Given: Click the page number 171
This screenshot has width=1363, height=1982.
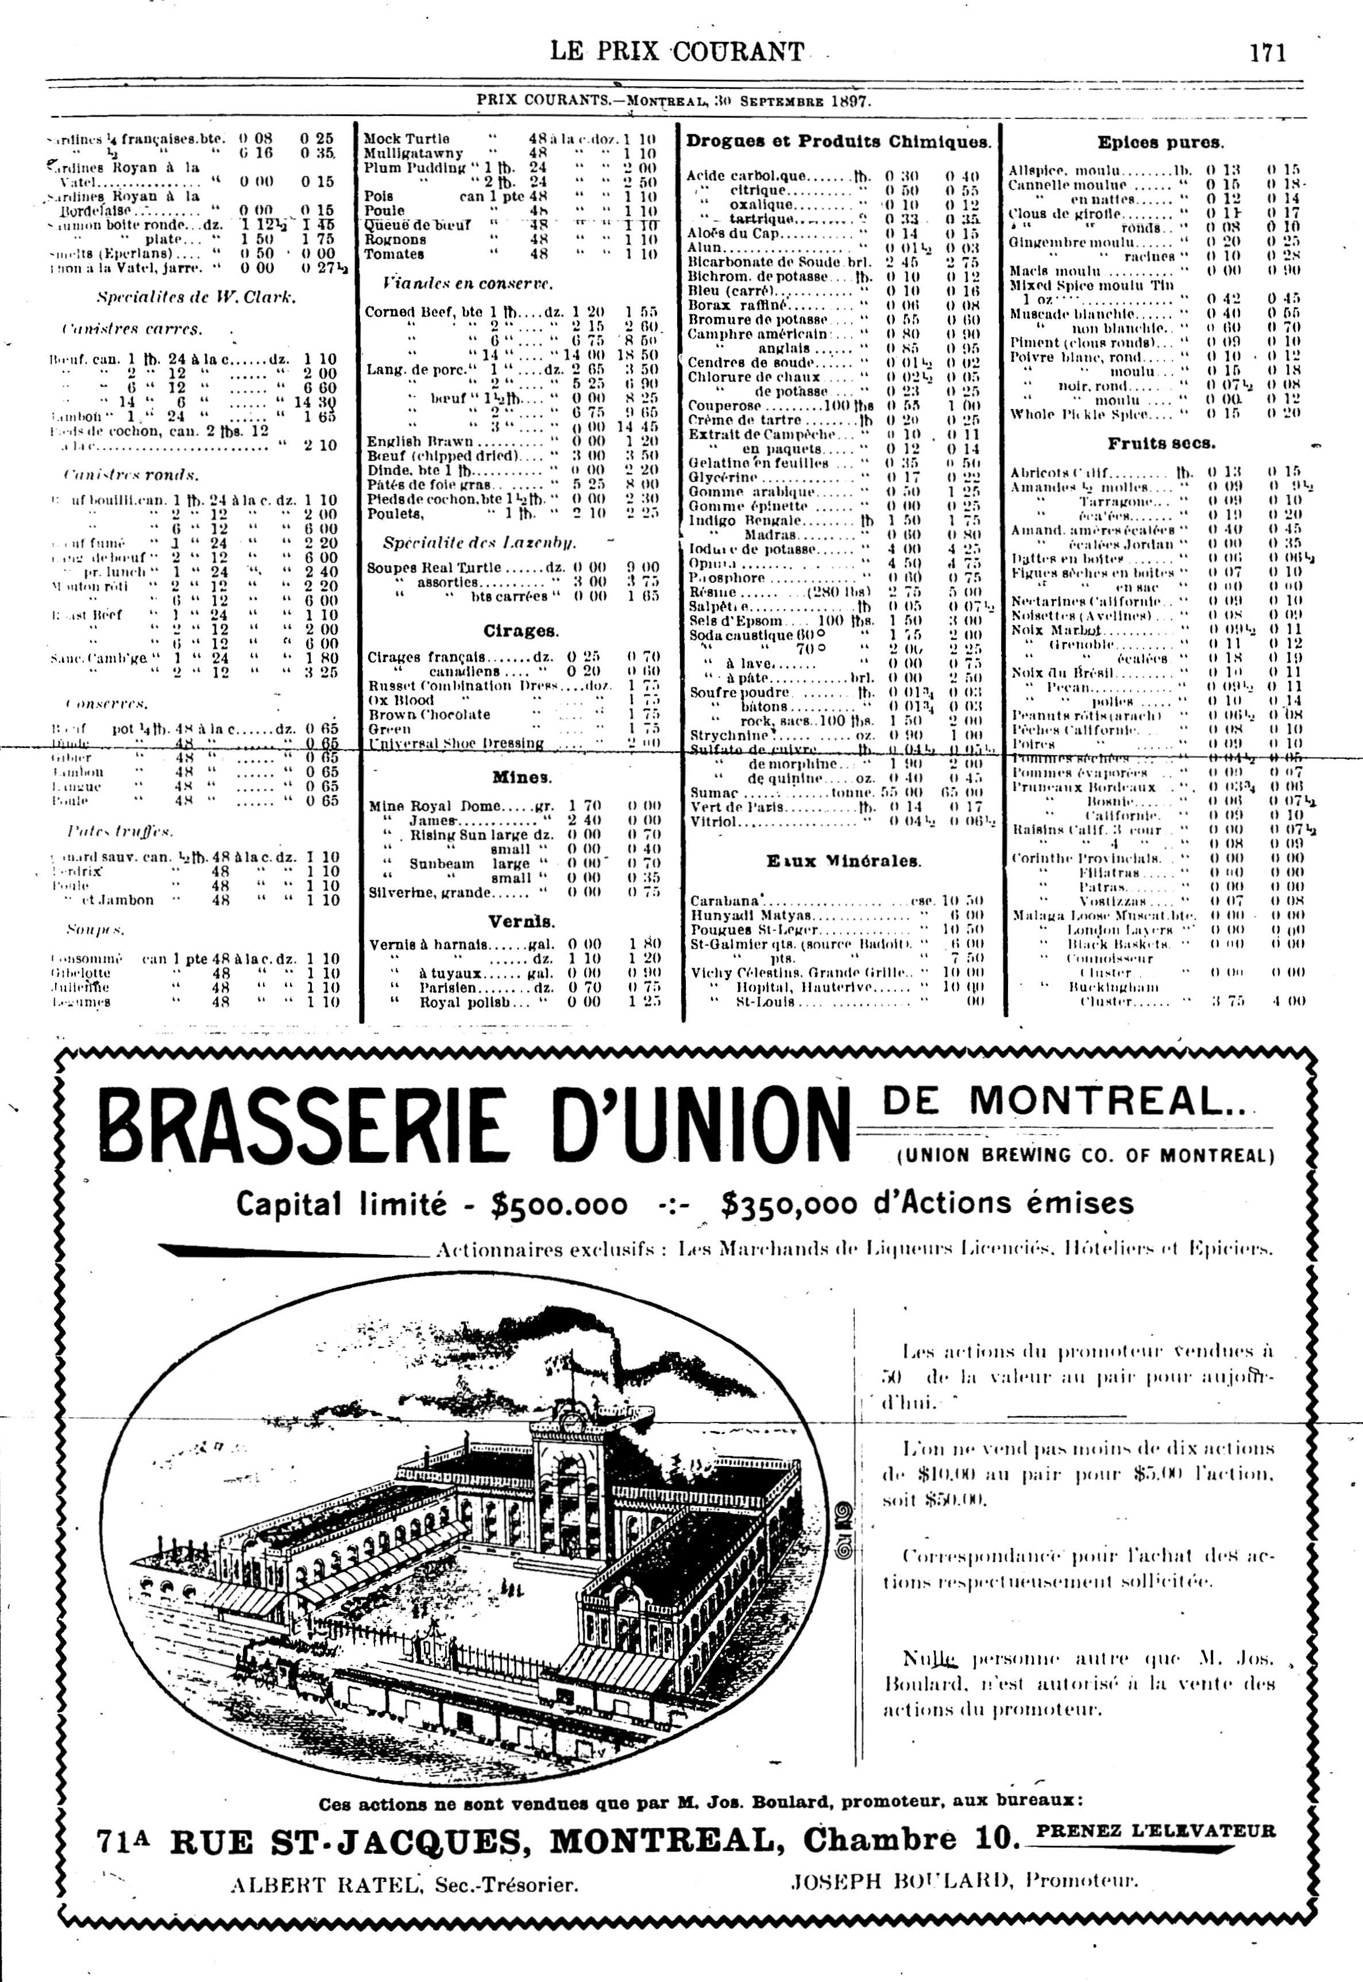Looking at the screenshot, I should click(x=1267, y=53).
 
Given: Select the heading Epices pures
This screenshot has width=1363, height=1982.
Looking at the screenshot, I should click(x=1160, y=142).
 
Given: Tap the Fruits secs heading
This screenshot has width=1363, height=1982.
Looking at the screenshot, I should click(x=1161, y=443).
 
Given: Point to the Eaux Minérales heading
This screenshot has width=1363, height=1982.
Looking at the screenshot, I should click(x=844, y=861).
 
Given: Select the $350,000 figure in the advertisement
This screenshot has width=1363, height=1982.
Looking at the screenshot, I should click(x=786, y=1204).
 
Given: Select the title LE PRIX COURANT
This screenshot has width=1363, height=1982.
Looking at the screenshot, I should click(x=677, y=52).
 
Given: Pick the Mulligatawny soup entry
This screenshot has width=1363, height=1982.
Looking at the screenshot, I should click(x=414, y=154).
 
